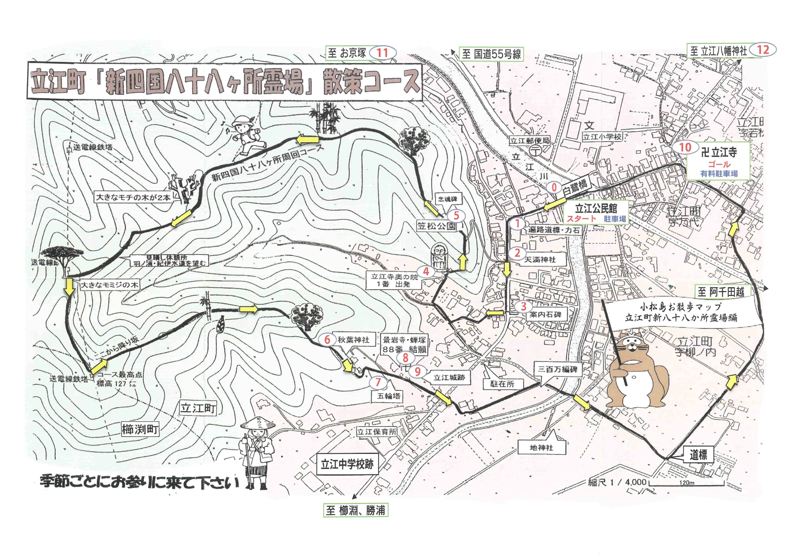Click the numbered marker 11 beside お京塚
[x=382, y=53]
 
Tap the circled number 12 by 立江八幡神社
[x=763, y=50]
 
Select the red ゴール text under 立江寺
[x=719, y=165]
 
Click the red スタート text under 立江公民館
[x=582, y=218]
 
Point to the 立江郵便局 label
[x=530, y=140]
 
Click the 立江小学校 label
[x=602, y=137]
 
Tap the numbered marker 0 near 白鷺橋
[x=554, y=188]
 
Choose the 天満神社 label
[x=540, y=260]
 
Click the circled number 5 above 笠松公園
[x=456, y=216]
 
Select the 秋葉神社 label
[x=353, y=340]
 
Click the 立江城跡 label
[x=449, y=378]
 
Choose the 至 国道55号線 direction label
[x=491, y=54]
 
